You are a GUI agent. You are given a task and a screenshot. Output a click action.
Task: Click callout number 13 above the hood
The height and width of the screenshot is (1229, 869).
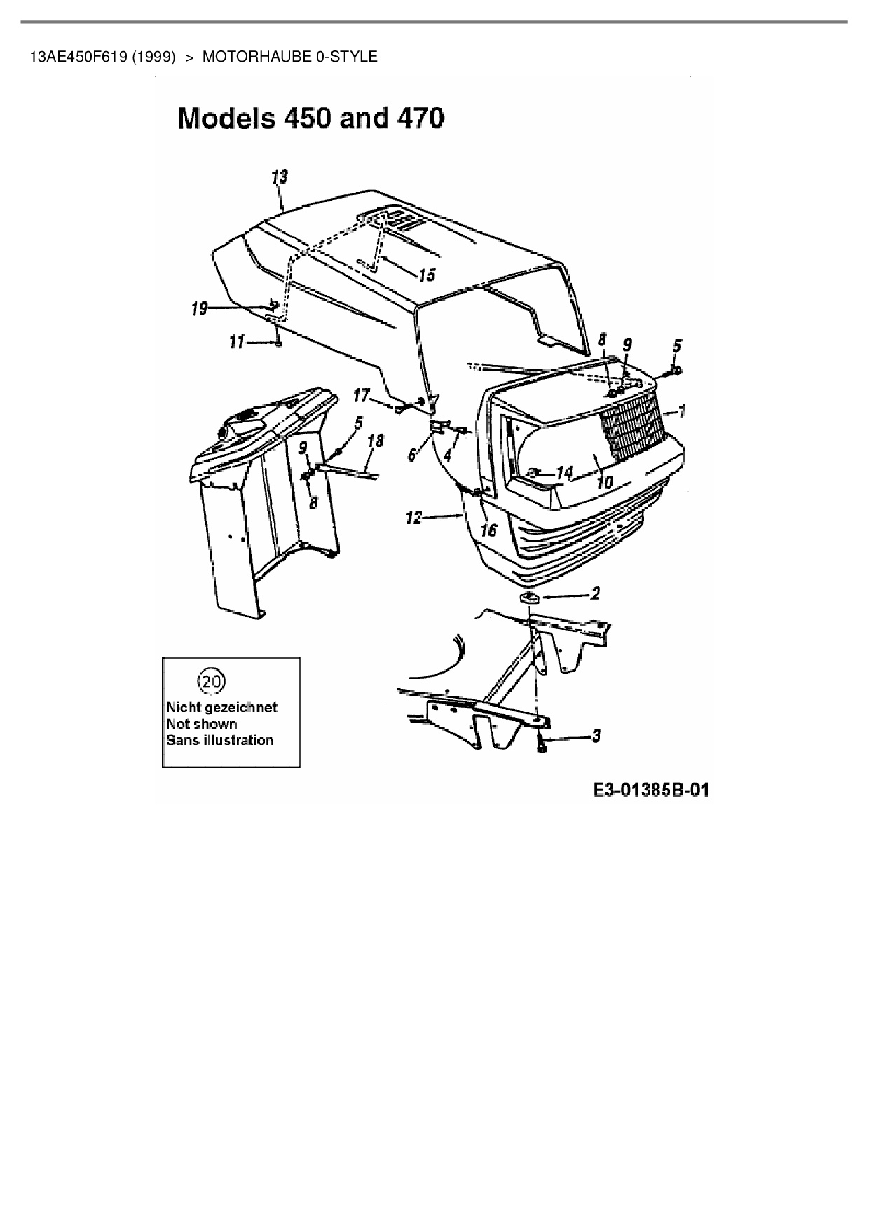click(280, 177)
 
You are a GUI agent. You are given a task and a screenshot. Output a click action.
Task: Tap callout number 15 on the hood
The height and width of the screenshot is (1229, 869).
click(427, 274)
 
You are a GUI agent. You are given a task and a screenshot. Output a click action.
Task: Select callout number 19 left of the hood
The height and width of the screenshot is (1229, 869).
click(199, 308)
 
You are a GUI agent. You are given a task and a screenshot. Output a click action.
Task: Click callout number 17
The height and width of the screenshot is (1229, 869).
click(360, 397)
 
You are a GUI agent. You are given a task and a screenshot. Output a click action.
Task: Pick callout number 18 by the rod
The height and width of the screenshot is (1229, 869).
click(376, 441)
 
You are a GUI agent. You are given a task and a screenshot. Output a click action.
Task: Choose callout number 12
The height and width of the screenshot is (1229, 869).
click(413, 518)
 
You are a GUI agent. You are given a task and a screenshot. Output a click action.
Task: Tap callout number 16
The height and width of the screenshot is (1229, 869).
click(488, 530)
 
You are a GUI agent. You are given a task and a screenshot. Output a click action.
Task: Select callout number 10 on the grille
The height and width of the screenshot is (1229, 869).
click(604, 482)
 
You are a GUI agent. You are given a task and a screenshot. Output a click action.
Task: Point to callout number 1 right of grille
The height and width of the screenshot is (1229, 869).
click(682, 411)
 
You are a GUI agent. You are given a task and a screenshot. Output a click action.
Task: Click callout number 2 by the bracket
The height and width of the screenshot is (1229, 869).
click(595, 594)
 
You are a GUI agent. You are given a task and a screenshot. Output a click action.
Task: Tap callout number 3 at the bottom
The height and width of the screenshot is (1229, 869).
click(596, 736)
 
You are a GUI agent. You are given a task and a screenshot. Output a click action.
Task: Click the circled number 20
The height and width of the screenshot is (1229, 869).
click(213, 680)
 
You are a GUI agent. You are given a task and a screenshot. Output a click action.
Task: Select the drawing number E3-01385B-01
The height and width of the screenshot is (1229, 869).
click(650, 790)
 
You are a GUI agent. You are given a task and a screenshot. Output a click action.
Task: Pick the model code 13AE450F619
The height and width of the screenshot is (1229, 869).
click(78, 57)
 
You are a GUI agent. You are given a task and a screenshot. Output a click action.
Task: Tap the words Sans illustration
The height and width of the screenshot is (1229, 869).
click(219, 740)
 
